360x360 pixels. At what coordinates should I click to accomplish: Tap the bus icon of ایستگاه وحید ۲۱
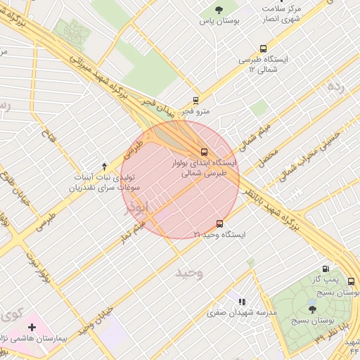(x=220, y=224)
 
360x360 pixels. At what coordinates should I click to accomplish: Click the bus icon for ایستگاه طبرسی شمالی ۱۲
(x=263, y=49)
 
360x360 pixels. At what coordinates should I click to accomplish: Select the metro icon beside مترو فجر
(x=195, y=100)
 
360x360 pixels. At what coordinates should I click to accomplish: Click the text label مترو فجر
(x=196, y=111)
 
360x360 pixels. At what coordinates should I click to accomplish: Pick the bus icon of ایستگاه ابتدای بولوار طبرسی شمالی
(x=204, y=151)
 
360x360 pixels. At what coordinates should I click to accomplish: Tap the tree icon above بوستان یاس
(x=219, y=10)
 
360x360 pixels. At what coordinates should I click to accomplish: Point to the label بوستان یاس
(x=219, y=21)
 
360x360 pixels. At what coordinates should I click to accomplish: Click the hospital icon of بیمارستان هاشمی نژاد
(x=32, y=327)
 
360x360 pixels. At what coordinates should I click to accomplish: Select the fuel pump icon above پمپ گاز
(x=325, y=269)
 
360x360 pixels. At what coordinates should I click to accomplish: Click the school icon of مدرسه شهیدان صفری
(x=243, y=302)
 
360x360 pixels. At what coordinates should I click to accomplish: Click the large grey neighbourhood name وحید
(x=190, y=271)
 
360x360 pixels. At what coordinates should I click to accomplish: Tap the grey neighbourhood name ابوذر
(x=138, y=208)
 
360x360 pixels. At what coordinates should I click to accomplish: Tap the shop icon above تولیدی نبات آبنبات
(x=105, y=166)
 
